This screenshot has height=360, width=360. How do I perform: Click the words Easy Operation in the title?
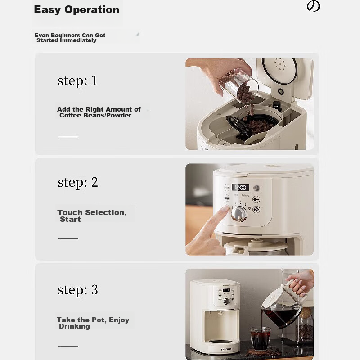(76, 10)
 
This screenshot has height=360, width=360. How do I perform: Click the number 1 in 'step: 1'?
(94, 81)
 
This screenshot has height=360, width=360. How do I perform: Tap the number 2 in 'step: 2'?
(94, 182)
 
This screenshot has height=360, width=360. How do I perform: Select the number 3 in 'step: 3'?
(94, 290)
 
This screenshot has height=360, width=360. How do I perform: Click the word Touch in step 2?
(70, 212)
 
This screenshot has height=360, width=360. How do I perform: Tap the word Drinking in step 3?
(74, 326)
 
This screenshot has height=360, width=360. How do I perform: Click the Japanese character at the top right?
(313, 6)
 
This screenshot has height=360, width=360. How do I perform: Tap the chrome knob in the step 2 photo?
(239, 214)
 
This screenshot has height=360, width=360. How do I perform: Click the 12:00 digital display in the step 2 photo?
(241, 188)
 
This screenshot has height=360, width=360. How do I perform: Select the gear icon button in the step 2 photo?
(256, 209)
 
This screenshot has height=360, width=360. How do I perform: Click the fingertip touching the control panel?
(225, 209)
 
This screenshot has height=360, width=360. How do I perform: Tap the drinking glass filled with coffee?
(260, 337)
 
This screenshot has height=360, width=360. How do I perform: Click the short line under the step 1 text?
(68, 137)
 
